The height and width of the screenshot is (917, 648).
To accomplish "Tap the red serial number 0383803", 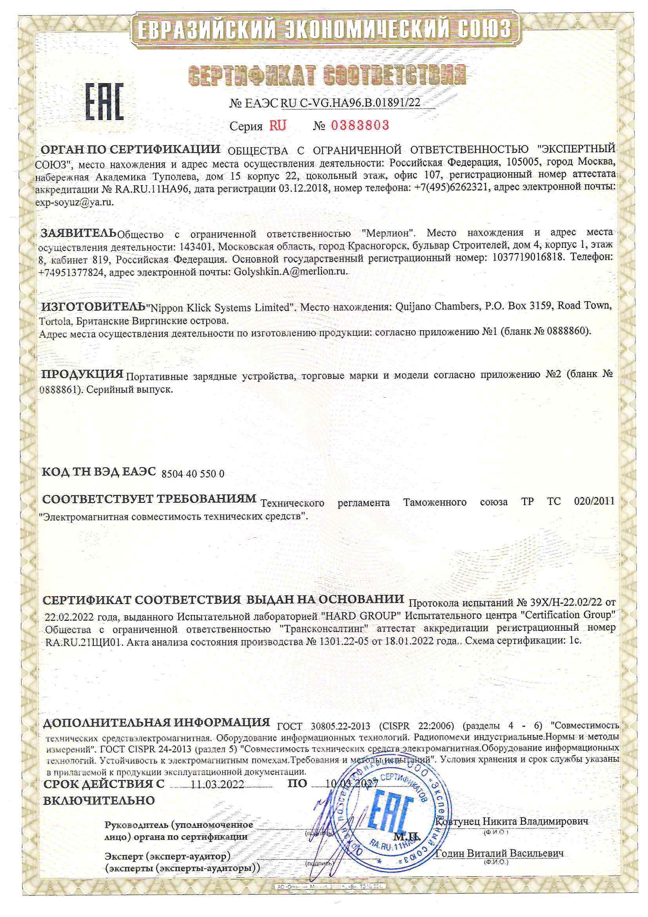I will pos(359,126).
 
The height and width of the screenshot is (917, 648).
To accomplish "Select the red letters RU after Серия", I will pos(278,126).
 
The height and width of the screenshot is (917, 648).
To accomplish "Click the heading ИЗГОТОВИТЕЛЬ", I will pos(93,307).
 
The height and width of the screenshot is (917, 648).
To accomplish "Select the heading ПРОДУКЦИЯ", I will pos(83,374).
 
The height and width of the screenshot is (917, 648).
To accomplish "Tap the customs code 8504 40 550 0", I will pos(193,474).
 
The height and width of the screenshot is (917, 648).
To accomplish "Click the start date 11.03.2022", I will pos(217,784).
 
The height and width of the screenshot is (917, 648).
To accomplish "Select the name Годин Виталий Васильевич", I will pos(499,853).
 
